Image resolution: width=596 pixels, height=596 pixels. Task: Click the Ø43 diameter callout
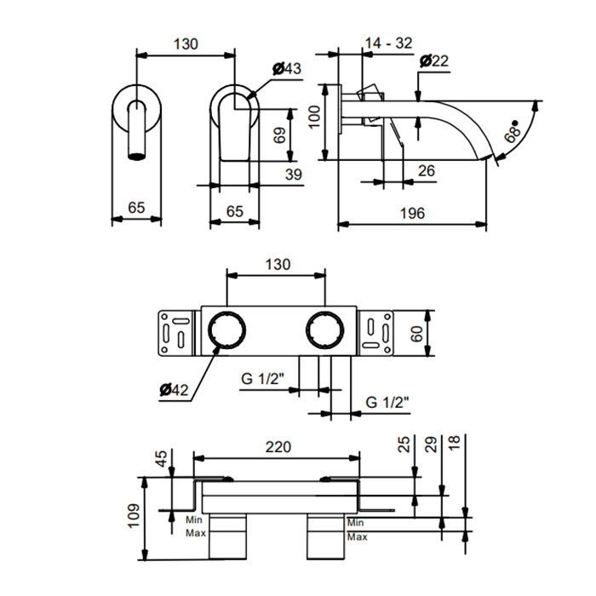click(287, 68)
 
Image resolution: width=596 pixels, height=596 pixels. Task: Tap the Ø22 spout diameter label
click(434, 60)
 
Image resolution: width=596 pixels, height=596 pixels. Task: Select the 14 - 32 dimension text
click(388, 43)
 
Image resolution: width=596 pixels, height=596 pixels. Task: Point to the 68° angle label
click(512, 132)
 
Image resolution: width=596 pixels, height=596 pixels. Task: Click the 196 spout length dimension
click(412, 213)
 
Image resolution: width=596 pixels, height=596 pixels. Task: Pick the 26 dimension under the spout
click(426, 170)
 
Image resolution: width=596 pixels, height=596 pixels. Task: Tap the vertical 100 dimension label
click(315, 117)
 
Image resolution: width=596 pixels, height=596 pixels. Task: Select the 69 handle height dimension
click(279, 135)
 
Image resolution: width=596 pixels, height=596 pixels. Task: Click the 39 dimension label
click(293, 175)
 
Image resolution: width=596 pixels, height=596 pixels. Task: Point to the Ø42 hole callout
click(174, 390)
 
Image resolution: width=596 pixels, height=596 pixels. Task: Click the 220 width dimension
click(278, 447)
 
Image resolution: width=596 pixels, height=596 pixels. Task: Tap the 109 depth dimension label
click(134, 516)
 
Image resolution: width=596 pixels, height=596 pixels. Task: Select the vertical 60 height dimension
click(417, 334)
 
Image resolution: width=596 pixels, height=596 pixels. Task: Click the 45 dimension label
click(161, 459)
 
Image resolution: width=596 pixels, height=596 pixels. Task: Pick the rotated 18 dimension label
click(454, 443)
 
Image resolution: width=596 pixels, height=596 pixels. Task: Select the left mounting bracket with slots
click(176, 334)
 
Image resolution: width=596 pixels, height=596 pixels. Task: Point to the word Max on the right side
click(358, 536)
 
